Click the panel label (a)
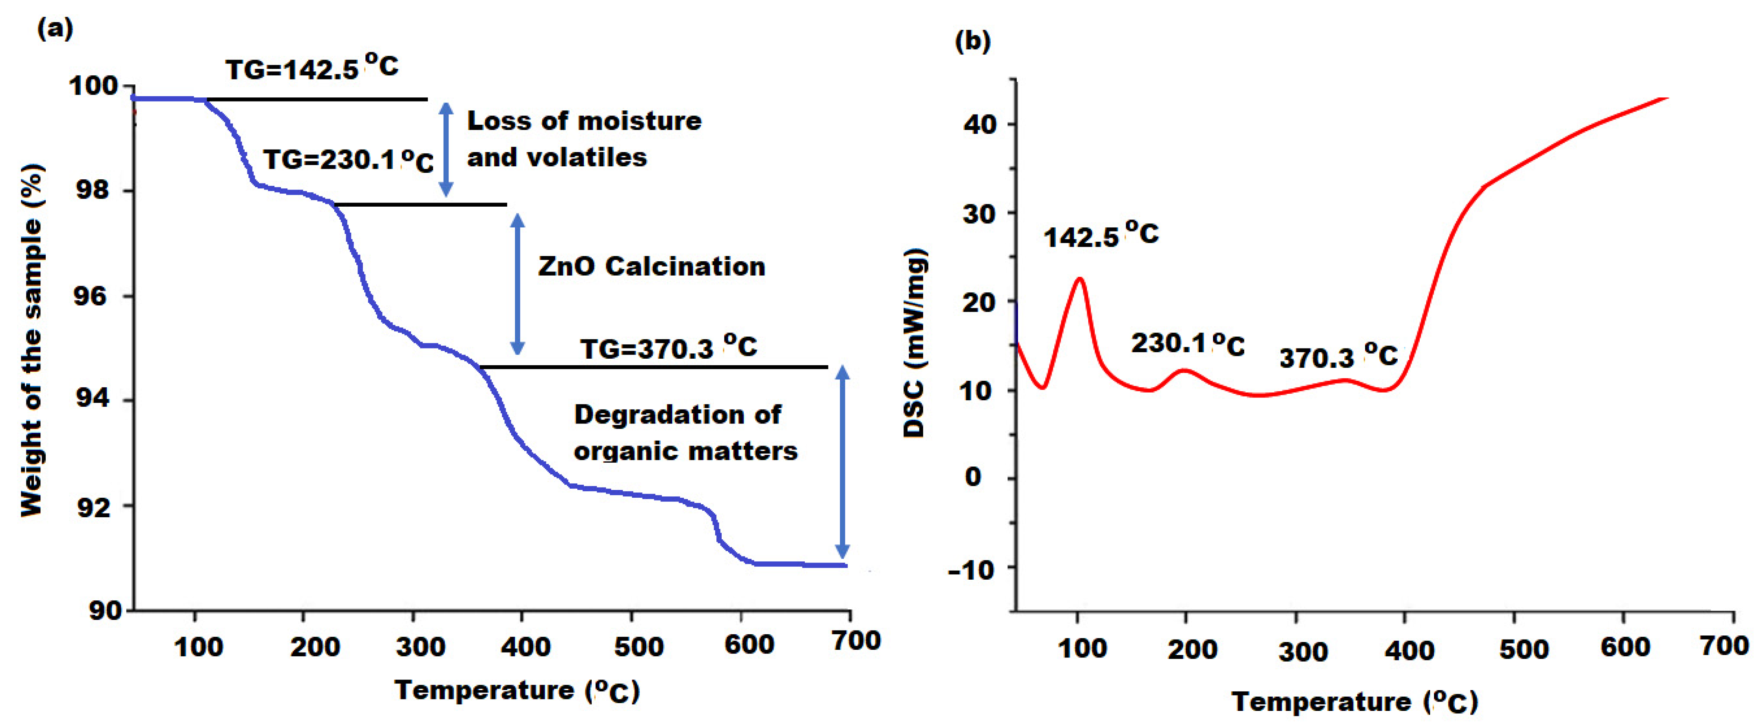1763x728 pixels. pos(55,29)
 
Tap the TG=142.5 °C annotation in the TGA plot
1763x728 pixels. pos(312,68)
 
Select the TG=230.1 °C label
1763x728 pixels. pos(348,160)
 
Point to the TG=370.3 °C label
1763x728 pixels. pos(669,348)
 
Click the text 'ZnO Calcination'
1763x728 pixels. pos(651,266)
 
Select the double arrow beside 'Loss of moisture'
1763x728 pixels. pos(446,149)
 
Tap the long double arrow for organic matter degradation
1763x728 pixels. pos(842,462)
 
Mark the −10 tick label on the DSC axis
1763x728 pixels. pos(972,569)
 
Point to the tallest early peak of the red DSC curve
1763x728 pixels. pos(1080,278)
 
